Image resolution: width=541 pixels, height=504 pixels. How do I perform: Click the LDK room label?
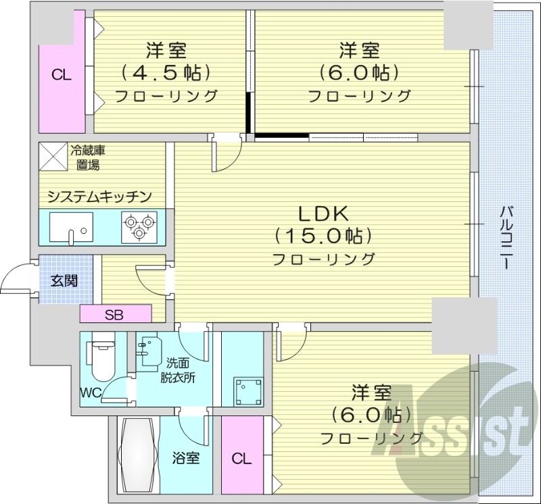(323, 213)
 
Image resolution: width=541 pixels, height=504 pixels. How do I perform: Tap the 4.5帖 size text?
(166, 72)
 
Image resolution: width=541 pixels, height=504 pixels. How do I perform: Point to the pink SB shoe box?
(115, 314)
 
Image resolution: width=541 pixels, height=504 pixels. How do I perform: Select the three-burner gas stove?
(139, 226)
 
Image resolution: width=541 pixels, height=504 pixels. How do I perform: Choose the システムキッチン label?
(99, 197)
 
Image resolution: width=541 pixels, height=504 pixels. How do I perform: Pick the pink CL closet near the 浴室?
(241, 459)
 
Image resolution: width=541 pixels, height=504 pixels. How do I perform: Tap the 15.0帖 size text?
(323, 236)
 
